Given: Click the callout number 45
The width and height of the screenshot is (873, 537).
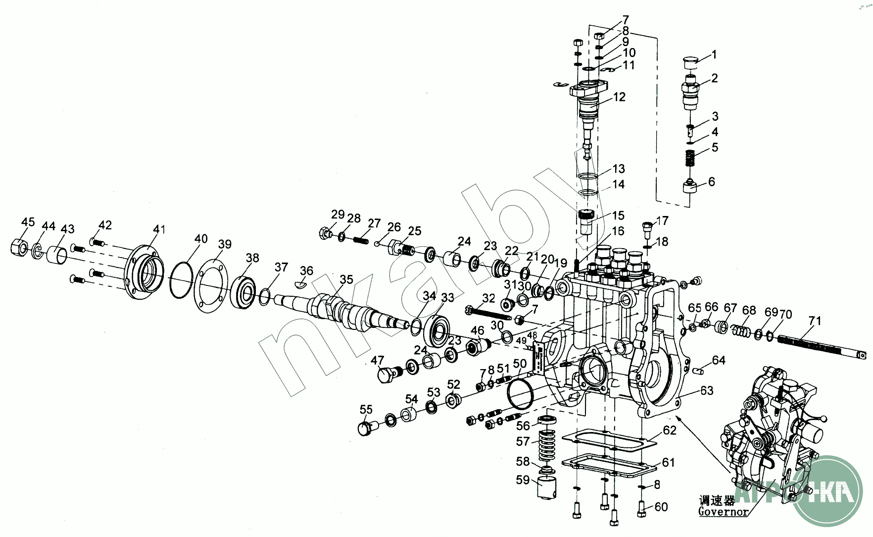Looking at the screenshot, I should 28,221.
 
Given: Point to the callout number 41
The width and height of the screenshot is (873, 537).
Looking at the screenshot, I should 159,229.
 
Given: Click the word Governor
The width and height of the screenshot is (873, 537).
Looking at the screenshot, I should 723,512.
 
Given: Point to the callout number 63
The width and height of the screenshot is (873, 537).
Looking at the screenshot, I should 707,390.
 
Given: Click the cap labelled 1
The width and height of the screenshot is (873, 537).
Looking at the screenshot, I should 689,62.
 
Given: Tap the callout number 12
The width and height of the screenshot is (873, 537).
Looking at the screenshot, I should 619,97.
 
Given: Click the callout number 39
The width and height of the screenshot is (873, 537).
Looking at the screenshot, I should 225,244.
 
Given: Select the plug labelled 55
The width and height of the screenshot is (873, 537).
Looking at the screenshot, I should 366,427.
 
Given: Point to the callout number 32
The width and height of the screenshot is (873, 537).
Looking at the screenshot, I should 488,298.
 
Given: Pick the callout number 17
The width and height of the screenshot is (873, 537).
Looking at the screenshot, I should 662,220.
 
